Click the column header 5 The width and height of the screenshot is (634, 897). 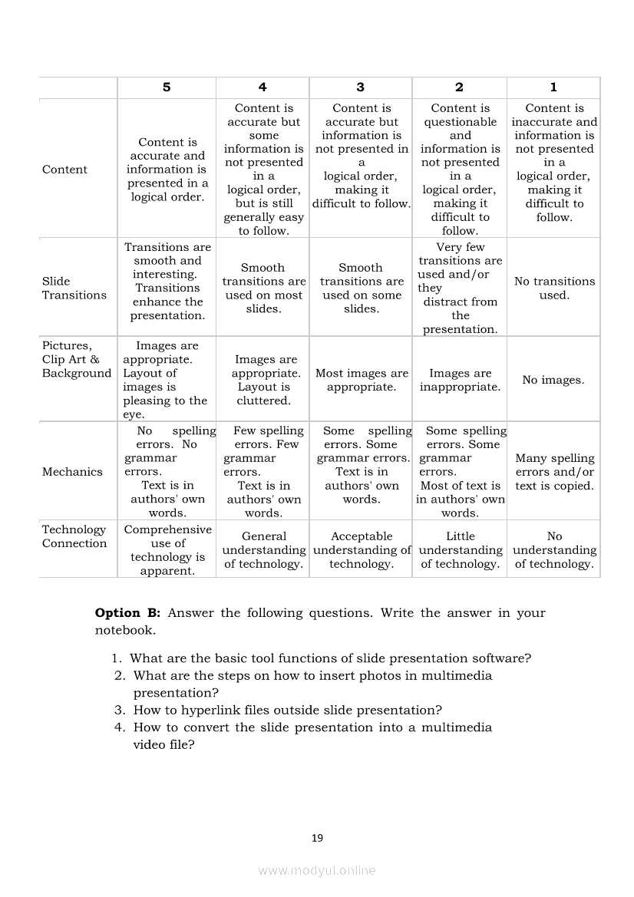(x=167, y=87)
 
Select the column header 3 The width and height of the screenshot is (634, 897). (x=361, y=87)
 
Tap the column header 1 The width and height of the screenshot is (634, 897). (x=553, y=87)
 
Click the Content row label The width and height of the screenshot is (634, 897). (x=64, y=170)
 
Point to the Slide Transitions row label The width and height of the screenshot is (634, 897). (x=74, y=289)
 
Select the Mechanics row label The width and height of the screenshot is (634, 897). (x=72, y=472)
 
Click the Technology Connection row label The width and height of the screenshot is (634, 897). (x=74, y=536)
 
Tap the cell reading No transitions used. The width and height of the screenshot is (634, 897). (x=554, y=289)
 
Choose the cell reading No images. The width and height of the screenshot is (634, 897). (x=553, y=380)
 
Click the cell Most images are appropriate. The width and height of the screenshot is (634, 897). (x=362, y=380)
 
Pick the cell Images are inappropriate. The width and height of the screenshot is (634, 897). (x=460, y=380)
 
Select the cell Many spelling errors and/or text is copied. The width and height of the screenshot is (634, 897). (x=554, y=472)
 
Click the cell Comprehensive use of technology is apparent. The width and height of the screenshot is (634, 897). (x=167, y=550)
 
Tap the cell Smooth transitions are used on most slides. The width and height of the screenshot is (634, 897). (x=263, y=289)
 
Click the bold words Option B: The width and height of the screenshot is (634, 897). (x=127, y=613)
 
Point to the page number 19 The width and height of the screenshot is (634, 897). (x=317, y=838)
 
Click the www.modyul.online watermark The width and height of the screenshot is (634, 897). (x=317, y=870)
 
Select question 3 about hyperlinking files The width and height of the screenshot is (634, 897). (x=287, y=711)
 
